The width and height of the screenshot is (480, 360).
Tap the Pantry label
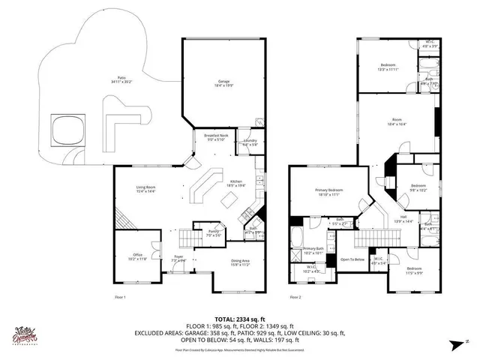(x=213, y=234)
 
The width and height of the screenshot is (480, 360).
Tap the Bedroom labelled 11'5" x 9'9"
(x=414, y=270)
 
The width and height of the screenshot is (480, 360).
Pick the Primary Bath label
(x=313, y=250)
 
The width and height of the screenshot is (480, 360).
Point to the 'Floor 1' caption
(x=120, y=298)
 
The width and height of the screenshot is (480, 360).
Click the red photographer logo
(x=26, y=336)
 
